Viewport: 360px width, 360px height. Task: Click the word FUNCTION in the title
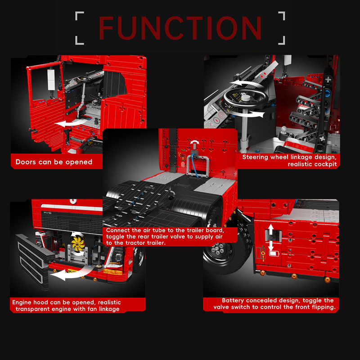click(180, 28)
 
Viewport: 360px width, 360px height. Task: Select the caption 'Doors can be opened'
click(54, 162)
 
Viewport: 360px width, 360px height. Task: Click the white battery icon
click(274, 253)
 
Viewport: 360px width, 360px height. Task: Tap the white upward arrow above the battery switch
click(271, 229)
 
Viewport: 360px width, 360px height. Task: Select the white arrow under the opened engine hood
click(69, 274)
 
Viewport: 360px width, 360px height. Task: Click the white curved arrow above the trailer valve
click(195, 142)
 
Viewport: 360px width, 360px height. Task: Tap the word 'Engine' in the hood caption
click(22, 302)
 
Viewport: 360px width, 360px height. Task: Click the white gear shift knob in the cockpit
click(284, 129)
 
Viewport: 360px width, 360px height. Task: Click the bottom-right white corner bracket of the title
click(282, 40)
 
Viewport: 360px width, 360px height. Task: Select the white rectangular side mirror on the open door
click(51, 80)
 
